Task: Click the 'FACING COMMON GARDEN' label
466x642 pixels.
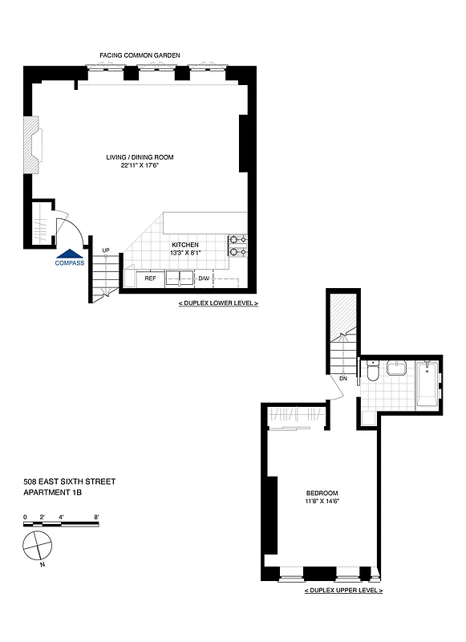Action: point(140,55)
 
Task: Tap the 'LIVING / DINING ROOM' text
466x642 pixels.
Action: point(140,157)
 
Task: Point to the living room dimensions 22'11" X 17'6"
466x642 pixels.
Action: point(140,166)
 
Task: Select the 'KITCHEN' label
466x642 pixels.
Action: point(185,245)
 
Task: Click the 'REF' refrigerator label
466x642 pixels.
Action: point(150,278)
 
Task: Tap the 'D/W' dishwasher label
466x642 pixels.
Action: point(204,278)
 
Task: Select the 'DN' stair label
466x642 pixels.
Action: point(342,378)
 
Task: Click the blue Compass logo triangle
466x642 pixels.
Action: point(69,253)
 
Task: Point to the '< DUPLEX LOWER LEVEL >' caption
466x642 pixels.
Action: point(218,305)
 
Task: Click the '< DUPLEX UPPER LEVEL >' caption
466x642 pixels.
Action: point(343,590)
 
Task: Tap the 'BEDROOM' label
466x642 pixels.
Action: point(322,493)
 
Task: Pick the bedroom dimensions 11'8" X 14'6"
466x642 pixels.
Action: point(322,502)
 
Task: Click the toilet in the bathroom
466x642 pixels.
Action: point(371,372)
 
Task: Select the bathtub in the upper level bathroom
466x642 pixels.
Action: point(428,384)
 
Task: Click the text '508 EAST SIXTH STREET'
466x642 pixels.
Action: point(70,481)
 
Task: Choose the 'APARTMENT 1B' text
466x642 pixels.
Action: point(54,492)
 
